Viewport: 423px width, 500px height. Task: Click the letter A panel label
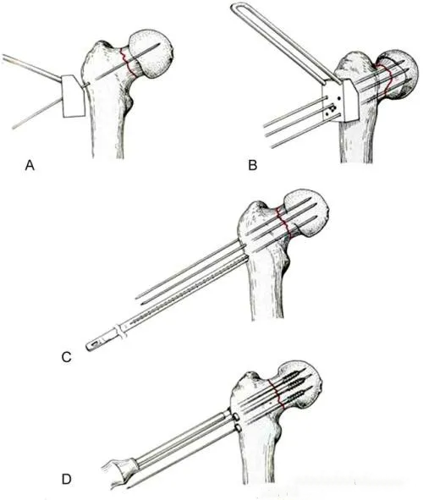coord(30,166)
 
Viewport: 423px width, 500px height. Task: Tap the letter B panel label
coord(252,166)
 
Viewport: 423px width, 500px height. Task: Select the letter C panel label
coord(66,357)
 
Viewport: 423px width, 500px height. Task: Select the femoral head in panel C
coord(305,215)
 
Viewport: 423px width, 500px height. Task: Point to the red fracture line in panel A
coord(127,62)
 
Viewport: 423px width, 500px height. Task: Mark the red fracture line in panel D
coord(277,393)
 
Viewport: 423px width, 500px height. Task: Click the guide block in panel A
coord(74,96)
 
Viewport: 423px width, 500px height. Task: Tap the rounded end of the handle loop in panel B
coord(235,9)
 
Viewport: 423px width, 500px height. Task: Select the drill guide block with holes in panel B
coord(340,101)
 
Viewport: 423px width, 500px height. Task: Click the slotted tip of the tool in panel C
coord(95,345)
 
